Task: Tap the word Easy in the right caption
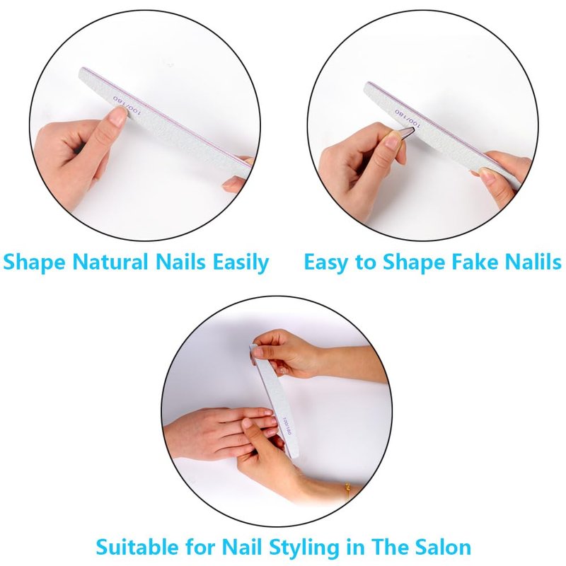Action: [x=325, y=263]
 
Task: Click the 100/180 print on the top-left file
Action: [x=127, y=105]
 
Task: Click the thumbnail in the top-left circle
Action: [x=118, y=116]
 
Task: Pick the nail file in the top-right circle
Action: [x=442, y=134]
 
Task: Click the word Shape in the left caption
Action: [x=34, y=263]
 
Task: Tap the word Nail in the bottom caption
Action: [x=243, y=546]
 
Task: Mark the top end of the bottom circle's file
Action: [x=253, y=346]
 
